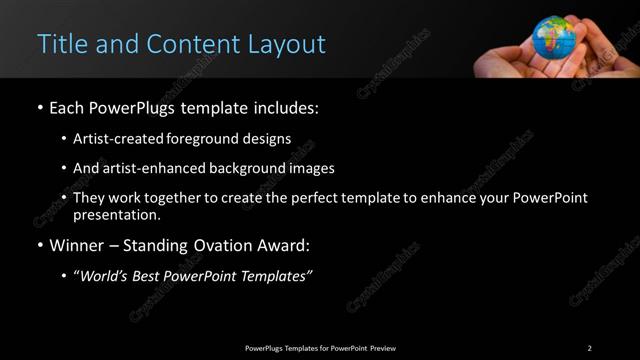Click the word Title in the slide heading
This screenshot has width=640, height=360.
pos(60,44)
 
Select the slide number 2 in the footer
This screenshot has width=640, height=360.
pos(589,348)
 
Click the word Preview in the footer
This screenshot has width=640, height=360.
pos(382,348)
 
